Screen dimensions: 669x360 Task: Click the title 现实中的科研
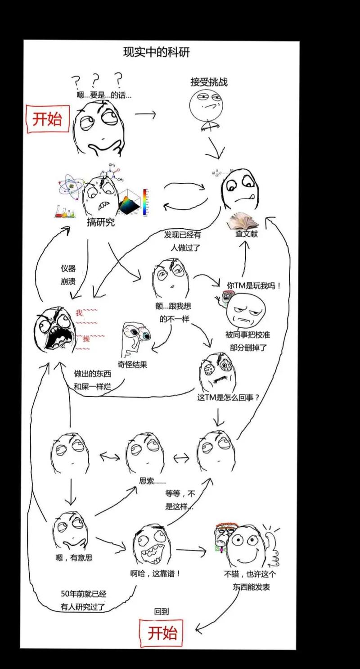pyautogui.click(x=156, y=52)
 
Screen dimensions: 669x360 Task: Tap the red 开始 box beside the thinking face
pyautogui.click(x=47, y=119)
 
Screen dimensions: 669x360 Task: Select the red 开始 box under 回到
pyautogui.click(x=162, y=633)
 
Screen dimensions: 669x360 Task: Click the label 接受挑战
pyautogui.click(x=209, y=82)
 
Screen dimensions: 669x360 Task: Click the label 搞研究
pyautogui.click(x=101, y=222)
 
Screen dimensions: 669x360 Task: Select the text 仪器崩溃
pyautogui.click(x=68, y=275)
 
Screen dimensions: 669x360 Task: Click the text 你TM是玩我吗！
pyautogui.click(x=253, y=285)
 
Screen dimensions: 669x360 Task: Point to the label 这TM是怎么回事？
pyautogui.click(x=229, y=398)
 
